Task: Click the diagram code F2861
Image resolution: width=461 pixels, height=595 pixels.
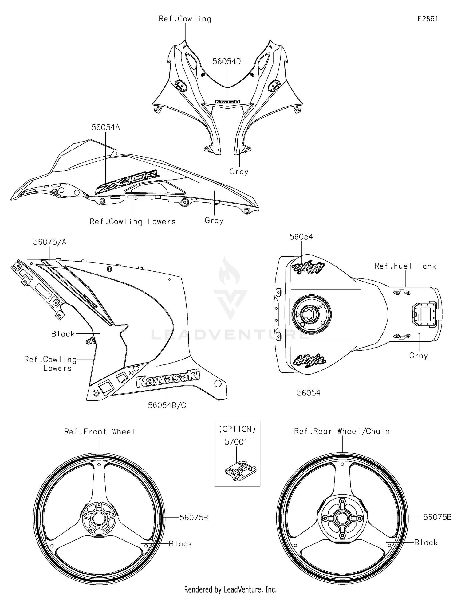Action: click(428, 19)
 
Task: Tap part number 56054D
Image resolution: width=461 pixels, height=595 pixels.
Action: click(227, 61)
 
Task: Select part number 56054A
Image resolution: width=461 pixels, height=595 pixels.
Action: click(105, 127)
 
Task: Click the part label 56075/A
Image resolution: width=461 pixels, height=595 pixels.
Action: click(50, 242)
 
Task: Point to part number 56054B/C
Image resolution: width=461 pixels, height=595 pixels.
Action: click(167, 405)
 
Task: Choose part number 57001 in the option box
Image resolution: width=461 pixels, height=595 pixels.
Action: click(236, 442)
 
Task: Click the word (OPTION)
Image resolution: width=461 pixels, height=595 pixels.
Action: click(237, 429)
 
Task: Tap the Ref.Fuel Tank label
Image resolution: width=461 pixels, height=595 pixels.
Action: click(405, 266)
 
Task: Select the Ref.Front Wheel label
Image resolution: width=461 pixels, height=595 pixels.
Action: click(100, 432)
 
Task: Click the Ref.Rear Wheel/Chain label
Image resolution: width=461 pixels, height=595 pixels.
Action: click(342, 431)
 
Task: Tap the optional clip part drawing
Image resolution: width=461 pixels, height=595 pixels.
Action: click(240, 470)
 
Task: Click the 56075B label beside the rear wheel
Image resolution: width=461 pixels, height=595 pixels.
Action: click(437, 517)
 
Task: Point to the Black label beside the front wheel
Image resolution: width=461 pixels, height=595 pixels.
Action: click(180, 544)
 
